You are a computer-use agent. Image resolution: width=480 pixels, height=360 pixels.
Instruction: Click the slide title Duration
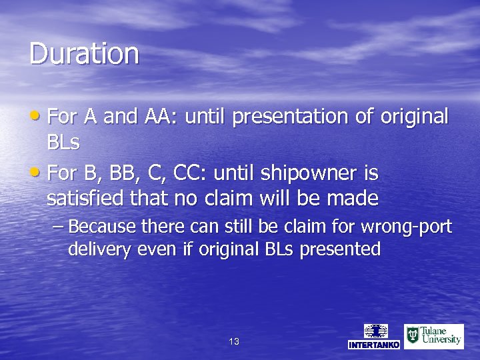(x=84, y=53)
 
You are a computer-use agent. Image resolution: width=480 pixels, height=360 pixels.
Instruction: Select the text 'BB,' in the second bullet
(x=118, y=174)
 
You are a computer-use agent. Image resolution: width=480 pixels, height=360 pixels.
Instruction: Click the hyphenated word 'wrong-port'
(x=413, y=227)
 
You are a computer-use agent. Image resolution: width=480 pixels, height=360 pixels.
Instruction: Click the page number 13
(x=234, y=341)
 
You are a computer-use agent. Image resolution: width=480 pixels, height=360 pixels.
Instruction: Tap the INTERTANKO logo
(x=374, y=336)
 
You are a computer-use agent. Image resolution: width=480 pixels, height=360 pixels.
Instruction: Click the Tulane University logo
(x=433, y=336)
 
